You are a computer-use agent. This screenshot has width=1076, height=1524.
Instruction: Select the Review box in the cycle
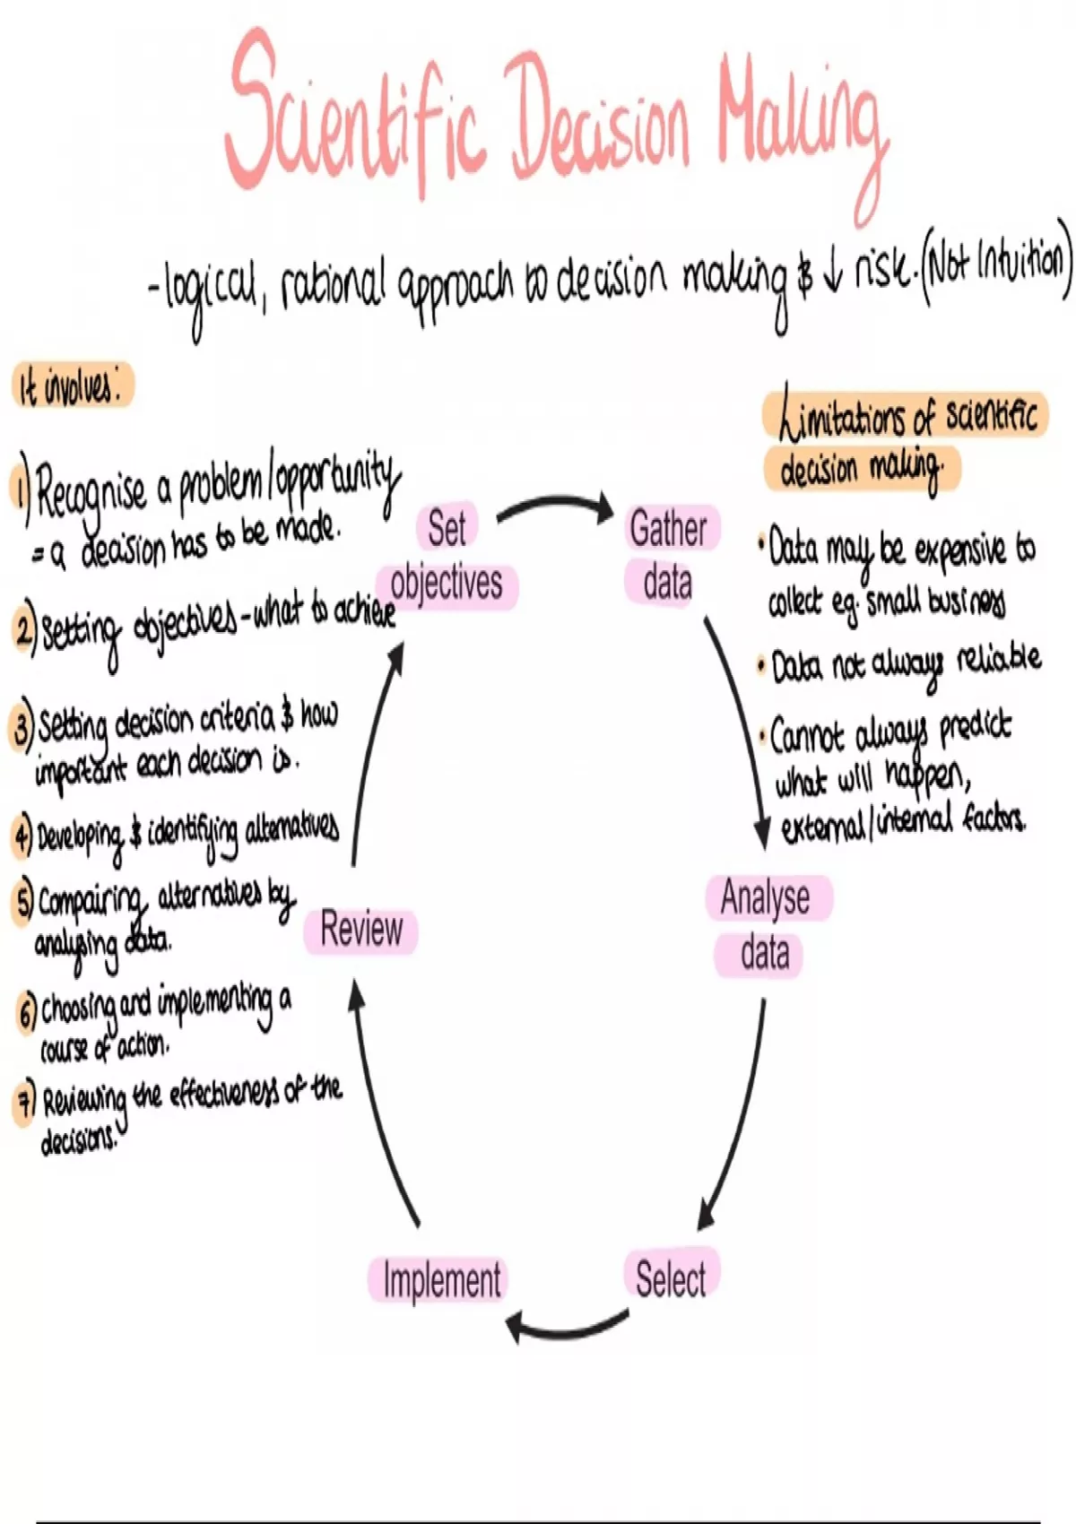[361, 929]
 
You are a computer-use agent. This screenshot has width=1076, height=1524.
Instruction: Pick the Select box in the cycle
[670, 1277]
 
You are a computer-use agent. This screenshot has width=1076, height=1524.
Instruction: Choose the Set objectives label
[447, 556]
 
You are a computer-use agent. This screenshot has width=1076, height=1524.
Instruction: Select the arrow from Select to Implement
[565, 1327]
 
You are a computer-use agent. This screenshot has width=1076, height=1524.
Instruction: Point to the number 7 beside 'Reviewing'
[25, 1101]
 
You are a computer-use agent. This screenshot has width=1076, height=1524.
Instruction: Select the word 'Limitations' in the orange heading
[843, 417]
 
